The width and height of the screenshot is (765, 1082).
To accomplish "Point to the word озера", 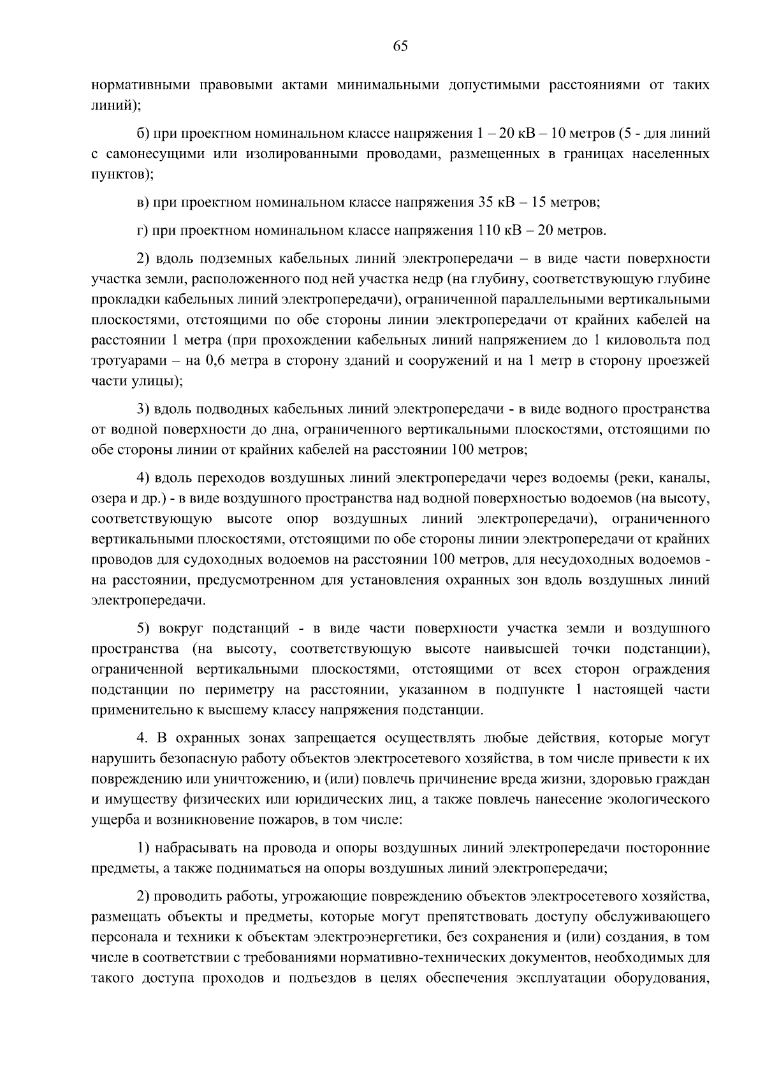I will [x=106, y=498].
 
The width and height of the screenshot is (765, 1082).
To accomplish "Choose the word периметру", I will [x=237, y=690].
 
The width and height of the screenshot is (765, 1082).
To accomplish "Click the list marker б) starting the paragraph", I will [x=143, y=134].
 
